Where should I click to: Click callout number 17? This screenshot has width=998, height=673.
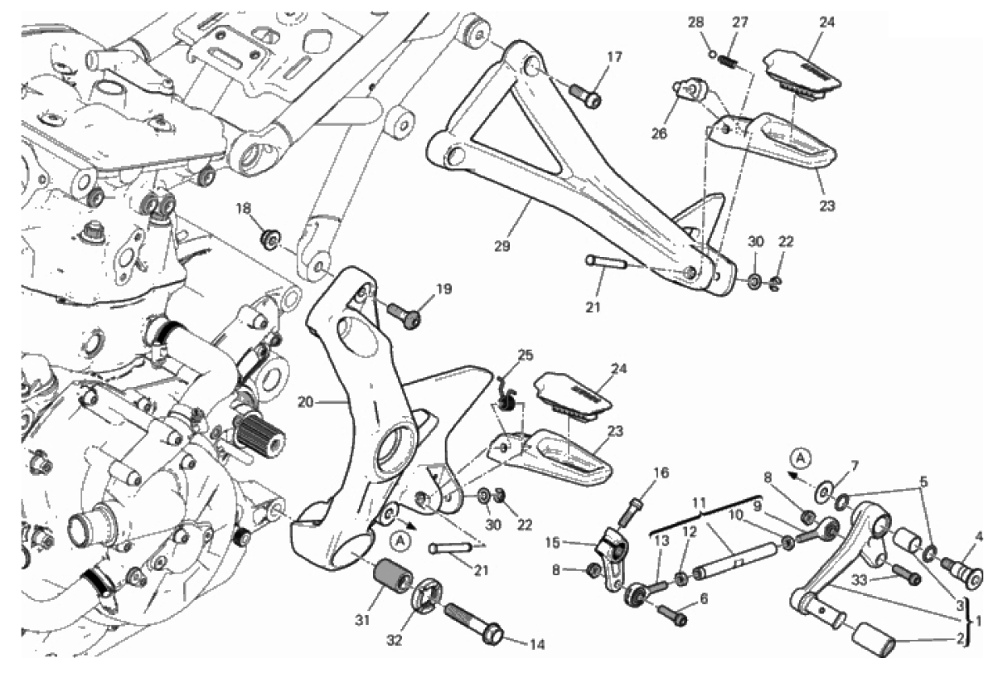pyautogui.click(x=613, y=58)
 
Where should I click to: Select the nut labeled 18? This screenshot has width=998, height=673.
pyautogui.click(x=269, y=240)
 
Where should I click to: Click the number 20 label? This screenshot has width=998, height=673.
pyautogui.click(x=304, y=403)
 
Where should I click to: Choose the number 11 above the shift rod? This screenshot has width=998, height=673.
pyautogui.click(x=699, y=502)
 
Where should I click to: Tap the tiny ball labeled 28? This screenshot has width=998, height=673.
pyautogui.click(x=711, y=56)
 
